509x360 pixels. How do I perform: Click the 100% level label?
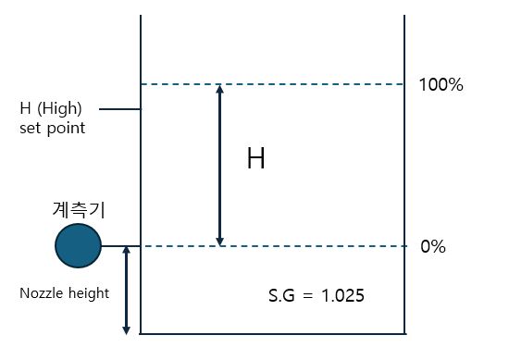point(441,85)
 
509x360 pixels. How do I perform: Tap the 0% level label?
point(433,247)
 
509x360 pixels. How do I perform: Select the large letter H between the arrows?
point(256,159)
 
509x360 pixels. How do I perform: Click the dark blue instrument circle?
point(78,245)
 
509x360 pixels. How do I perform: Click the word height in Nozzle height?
point(87,293)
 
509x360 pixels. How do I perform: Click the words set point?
point(52,128)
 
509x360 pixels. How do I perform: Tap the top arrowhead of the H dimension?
point(219,90)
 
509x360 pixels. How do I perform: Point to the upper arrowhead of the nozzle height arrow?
point(127,252)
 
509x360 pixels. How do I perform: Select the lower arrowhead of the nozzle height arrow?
point(127,329)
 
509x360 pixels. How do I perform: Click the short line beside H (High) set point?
point(118,109)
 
